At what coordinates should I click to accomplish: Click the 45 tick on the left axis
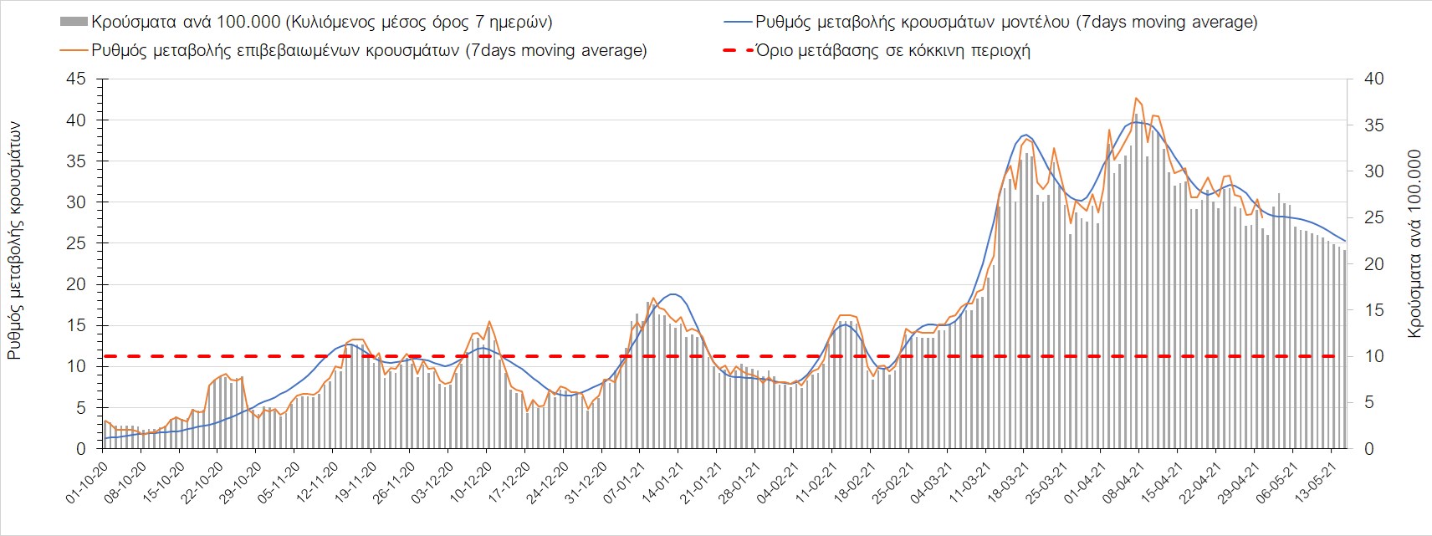pos(76,79)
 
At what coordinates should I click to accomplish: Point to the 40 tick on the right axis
pos(1373,79)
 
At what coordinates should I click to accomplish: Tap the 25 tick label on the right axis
pos(1373,218)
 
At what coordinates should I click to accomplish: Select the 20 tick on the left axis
pos(76,284)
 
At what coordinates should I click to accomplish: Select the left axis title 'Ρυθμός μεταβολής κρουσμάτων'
pos(14,241)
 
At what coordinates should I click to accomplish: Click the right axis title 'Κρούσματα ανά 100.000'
pos(1414,243)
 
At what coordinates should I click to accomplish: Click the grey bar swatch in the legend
pos(74,22)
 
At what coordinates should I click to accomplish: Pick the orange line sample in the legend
pos(74,50)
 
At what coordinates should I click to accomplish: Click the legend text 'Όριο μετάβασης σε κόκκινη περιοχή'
pos(893,50)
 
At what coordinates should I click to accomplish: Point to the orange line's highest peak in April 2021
pos(1136,99)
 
